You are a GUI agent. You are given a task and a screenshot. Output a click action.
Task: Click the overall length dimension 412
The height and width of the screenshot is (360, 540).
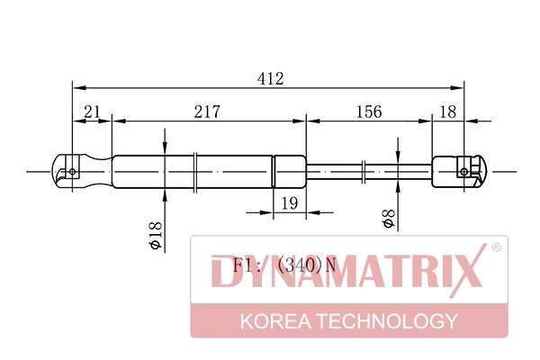pos(270,78)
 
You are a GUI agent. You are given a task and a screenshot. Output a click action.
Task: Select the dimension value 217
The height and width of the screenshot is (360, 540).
pos(208,112)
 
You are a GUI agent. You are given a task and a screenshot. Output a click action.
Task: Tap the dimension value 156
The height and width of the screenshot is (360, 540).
pos(368,112)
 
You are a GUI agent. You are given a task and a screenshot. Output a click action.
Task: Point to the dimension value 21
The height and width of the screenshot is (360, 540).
pos(92,112)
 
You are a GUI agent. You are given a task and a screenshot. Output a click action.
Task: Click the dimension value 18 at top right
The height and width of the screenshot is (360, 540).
pos(448,112)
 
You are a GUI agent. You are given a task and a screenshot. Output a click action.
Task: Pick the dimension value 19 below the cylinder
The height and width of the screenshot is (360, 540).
pos(289,204)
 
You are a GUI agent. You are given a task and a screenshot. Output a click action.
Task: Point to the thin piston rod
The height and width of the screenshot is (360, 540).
pos(369,169)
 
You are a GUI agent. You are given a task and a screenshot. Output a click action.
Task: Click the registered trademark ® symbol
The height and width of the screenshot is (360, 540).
pos(496,246)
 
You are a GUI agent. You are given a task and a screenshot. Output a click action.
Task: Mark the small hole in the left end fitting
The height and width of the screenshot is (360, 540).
pos(72,168)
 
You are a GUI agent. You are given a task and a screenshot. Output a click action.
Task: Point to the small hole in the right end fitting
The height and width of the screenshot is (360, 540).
pos(465,169)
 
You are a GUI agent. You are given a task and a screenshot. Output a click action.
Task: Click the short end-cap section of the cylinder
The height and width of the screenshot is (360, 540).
pos(289,169)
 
